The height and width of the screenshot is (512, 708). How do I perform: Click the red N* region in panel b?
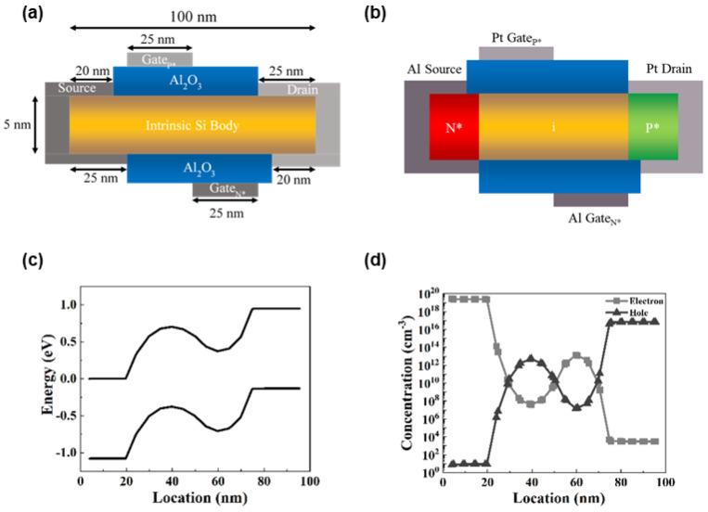(x=454, y=127)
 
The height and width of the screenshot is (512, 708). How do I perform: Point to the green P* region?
(x=653, y=127)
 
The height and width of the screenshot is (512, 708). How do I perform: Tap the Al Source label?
(x=435, y=70)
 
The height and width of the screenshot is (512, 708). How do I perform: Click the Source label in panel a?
(x=75, y=90)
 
